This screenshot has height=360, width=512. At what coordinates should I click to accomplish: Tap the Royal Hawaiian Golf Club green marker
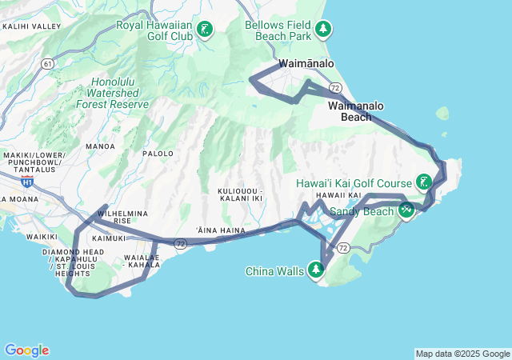coord(205,30)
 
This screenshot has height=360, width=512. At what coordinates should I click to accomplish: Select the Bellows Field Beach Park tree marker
coord(323,30)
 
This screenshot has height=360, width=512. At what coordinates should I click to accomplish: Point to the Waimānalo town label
coord(306,64)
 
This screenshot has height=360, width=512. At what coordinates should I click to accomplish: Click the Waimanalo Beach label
coord(356,111)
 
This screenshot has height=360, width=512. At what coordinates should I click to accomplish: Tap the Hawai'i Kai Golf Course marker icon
coord(424,182)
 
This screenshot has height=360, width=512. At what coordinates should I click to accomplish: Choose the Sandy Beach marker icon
coord(406,210)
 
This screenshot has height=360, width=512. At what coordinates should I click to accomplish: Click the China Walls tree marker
coord(317,270)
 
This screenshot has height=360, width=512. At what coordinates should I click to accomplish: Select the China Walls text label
coord(274,271)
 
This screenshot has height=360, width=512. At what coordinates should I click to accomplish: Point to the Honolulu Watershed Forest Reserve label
coord(112,93)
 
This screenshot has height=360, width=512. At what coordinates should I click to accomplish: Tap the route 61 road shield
coord(49,63)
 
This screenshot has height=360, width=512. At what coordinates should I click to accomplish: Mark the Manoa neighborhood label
coord(99,146)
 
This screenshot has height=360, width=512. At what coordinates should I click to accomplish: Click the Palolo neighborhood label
coord(158,153)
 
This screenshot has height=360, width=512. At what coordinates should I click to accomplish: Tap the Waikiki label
coord(41,237)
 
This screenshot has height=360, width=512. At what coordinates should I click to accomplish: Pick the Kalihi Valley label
coord(32,26)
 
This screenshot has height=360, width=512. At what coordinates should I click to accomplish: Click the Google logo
coord(26,350)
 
